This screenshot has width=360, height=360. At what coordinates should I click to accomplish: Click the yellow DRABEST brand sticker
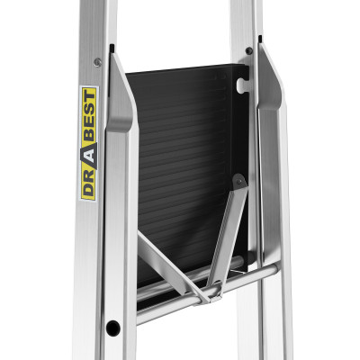pyautogui.click(x=89, y=143)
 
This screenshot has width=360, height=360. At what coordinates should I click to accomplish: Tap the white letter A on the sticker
pyautogui.click(x=90, y=155)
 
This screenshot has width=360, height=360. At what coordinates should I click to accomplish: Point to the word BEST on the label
pyautogui.click(x=89, y=116)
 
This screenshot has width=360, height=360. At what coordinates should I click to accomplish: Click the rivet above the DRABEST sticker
pyautogui.click(x=97, y=62)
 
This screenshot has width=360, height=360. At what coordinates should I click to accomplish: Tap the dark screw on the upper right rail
pyautogui.click(x=249, y=50)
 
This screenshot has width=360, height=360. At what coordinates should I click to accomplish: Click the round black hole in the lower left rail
pyautogui.click(x=113, y=328)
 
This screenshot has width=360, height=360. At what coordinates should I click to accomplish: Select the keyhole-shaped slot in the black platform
pyautogui.click(x=242, y=85)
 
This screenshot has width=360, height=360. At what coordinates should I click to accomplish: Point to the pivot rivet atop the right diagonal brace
pyautogui.click(x=239, y=182)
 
